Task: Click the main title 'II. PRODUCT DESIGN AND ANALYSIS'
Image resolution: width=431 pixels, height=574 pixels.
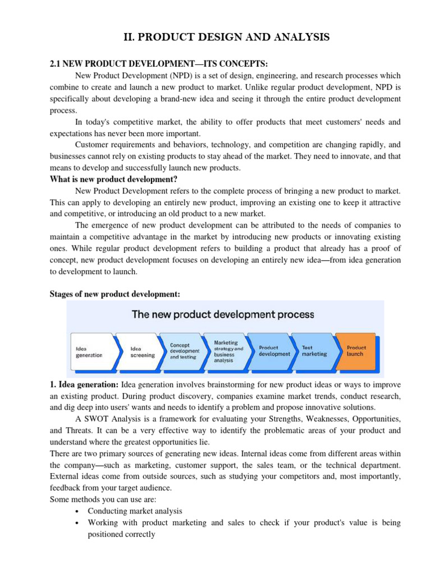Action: pos(227,38)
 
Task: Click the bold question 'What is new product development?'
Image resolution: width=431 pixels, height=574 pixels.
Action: pos(113,179)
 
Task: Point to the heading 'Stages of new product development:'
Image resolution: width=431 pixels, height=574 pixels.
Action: pos(115,294)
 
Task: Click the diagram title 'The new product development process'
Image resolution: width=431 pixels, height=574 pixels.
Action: pos(223,314)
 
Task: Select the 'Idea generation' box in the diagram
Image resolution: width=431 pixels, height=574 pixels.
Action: pos(91,351)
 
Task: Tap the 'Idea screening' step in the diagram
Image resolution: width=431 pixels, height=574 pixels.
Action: pos(143,351)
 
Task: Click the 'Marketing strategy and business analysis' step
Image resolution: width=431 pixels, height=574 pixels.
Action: pos(228,351)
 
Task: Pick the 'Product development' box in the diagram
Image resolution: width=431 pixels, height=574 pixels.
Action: pos(274,350)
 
